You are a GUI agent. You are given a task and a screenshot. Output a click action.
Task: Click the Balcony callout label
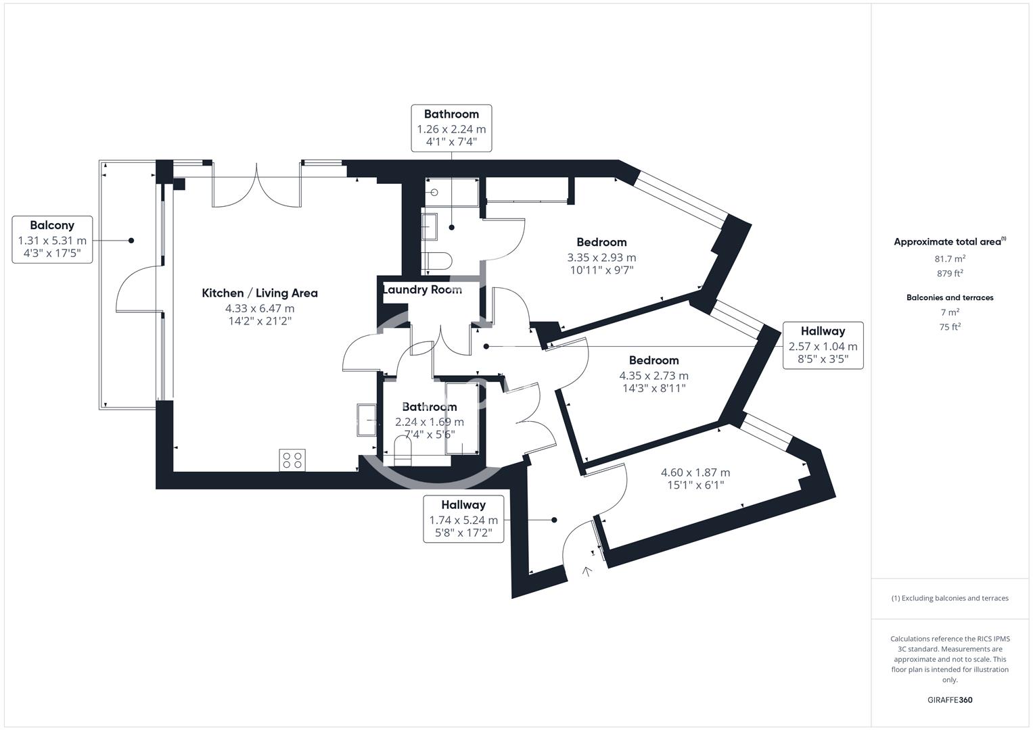[52, 239]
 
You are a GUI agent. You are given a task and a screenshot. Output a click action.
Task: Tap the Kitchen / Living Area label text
[260, 293]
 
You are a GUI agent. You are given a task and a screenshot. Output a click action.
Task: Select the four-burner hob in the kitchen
[292, 460]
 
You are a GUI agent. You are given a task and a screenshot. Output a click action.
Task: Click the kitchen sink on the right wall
[368, 420]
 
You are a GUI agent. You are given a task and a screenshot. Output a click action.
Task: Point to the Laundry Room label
[423, 290]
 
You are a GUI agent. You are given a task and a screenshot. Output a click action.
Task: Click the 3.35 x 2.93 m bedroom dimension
[601, 258]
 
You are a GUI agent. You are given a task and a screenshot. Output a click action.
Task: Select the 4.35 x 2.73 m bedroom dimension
[653, 376]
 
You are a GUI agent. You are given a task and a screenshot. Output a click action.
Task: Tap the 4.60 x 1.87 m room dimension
[695, 473]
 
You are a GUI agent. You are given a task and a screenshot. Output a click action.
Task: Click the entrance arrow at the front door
[587, 572]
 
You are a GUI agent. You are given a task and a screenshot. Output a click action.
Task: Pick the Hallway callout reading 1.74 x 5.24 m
[463, 519]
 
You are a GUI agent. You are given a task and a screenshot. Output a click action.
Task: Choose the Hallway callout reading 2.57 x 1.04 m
[823, 345]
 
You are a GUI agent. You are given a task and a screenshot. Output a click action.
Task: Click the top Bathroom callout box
[451, 128]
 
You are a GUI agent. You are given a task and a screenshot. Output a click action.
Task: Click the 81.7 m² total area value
[950, 259]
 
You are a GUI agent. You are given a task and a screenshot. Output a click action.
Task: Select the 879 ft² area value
[950, 274]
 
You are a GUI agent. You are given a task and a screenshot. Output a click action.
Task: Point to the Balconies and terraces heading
[950, 297]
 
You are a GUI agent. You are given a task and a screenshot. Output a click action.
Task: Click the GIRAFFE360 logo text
[950, 700]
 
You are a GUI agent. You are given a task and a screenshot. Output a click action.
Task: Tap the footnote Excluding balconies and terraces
[950, 598]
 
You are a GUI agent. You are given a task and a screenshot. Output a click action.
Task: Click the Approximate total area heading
[948, 242]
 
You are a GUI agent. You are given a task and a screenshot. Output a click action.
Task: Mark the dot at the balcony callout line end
[131, 241]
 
